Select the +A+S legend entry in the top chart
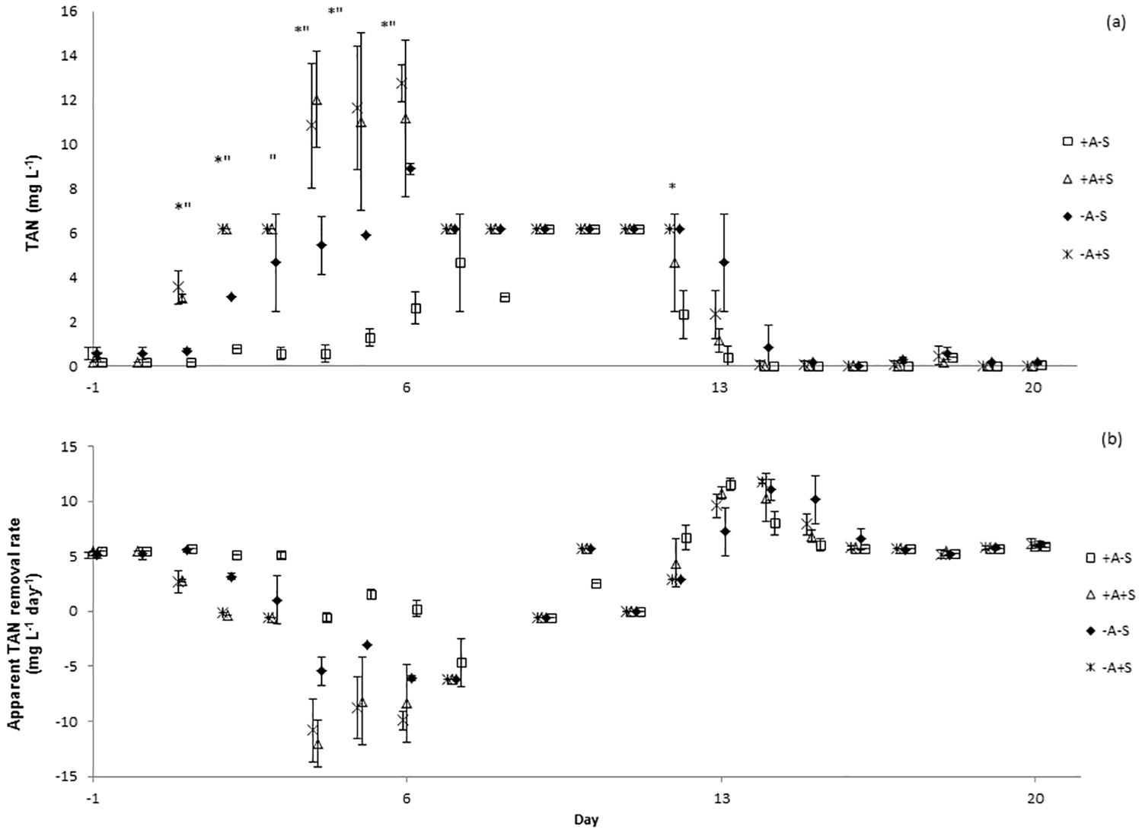pos(1093,180)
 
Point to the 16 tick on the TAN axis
pos(70,12)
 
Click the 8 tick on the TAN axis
pos(73,189)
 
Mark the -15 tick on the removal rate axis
pos(69,776)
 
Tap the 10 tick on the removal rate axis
pos(71,501)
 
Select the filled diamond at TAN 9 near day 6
pos(410,168)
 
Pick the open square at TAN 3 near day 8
pos(505,297)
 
